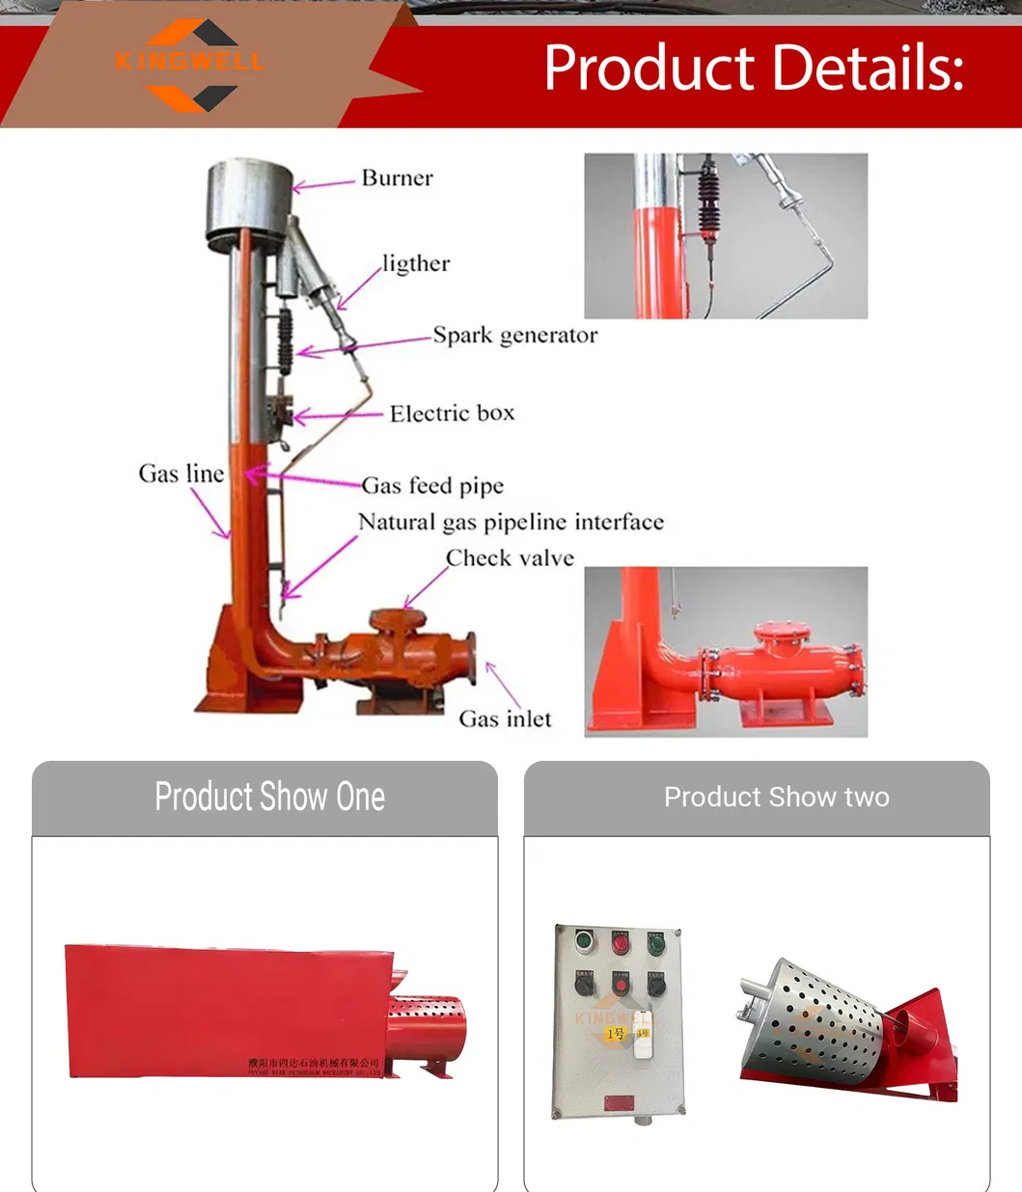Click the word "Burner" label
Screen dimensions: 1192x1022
click(397, 178)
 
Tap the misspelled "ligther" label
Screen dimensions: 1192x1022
click(415, 263)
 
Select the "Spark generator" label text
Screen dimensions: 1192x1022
click(514, 336)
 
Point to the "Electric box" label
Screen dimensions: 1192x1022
click(452, 414)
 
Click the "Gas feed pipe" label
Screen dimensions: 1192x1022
click(432, 485)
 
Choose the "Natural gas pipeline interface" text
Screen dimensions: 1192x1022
click(511, 522)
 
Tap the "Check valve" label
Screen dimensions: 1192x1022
click(510, 558)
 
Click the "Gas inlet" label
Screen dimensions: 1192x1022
click(505, 719)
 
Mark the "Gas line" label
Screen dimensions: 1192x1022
click(180, 474)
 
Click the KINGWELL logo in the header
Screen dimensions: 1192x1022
click(190, 64)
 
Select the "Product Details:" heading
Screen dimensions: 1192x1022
click(753, 68)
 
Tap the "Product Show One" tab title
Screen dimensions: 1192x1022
click(269, 798)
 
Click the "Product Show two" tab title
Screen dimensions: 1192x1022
click(776, 798)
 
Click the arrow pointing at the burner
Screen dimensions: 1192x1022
click(323, 183)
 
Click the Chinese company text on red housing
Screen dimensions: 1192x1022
click(314, 1063)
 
